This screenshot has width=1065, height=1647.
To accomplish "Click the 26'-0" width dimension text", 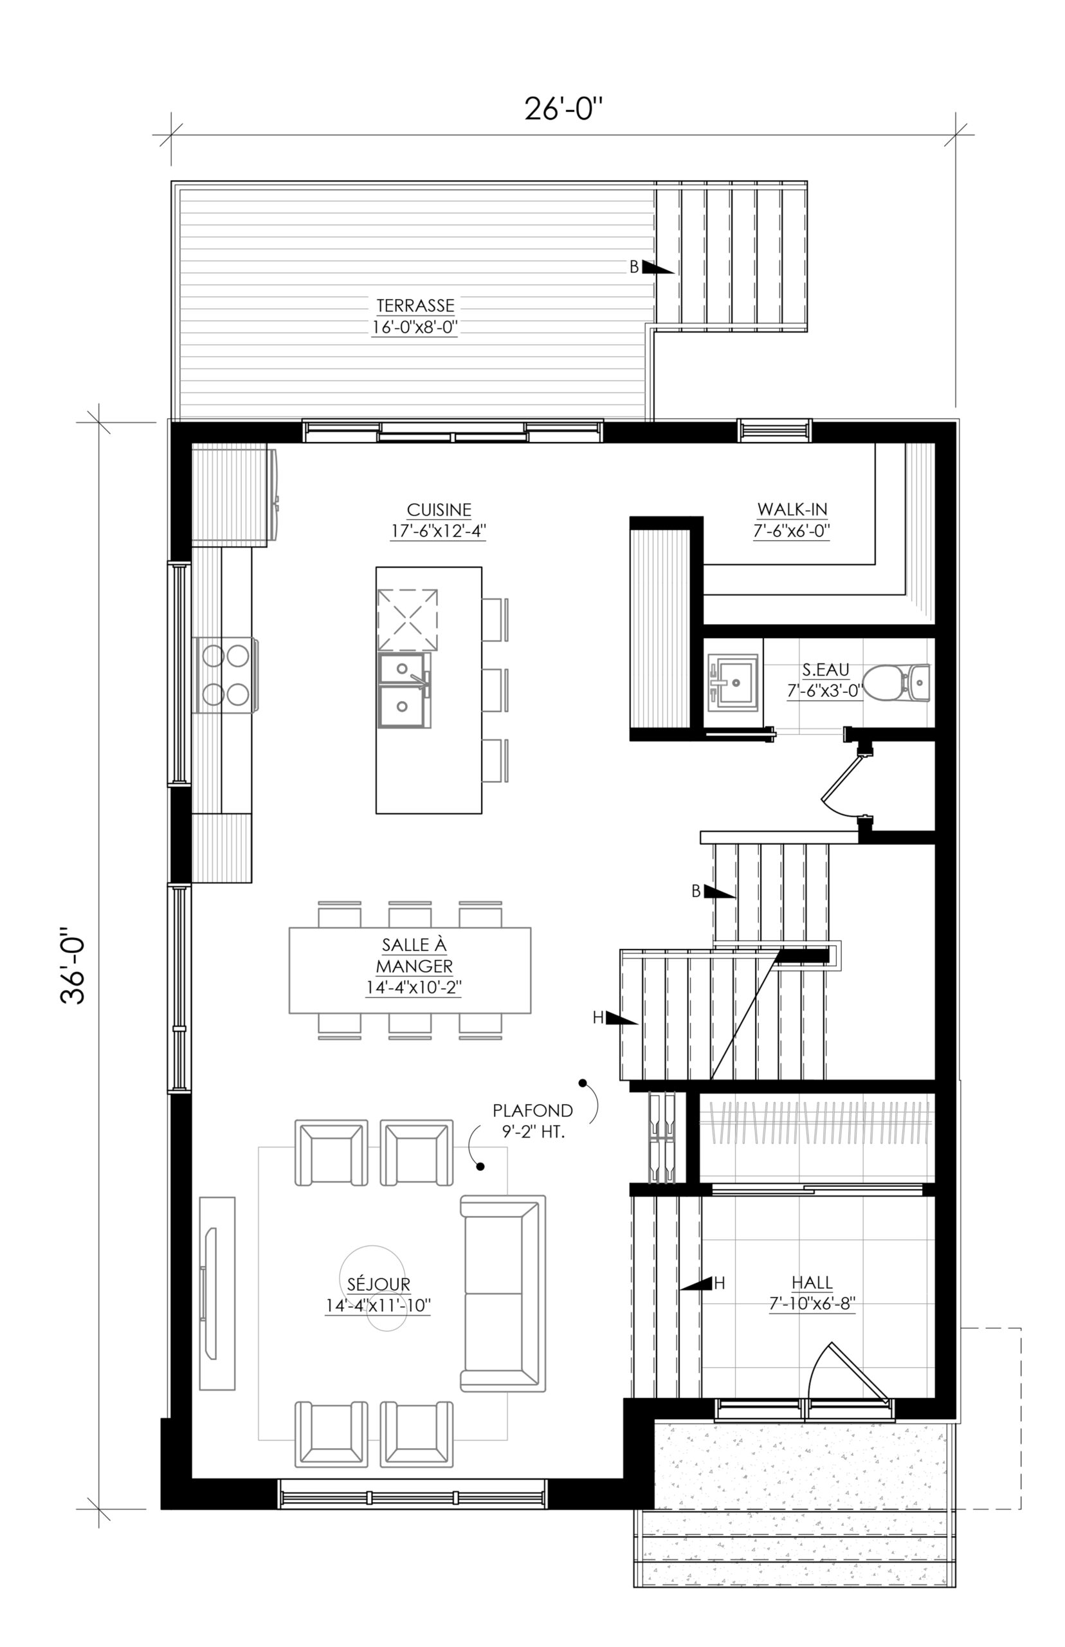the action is point(563,109).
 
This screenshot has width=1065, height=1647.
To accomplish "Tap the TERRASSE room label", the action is point(415,305).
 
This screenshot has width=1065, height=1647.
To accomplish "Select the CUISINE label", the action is point(439,510).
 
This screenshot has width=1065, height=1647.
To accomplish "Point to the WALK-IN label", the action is point(792,510).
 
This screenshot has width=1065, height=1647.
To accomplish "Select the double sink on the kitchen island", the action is point(405,690).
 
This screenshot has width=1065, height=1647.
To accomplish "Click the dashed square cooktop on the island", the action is point(407,620).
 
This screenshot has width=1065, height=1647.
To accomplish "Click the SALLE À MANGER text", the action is point(414,955).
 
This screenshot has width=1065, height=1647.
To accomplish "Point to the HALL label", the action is point(813,1283).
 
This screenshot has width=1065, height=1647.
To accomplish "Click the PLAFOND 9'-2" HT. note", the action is point(532,1121).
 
